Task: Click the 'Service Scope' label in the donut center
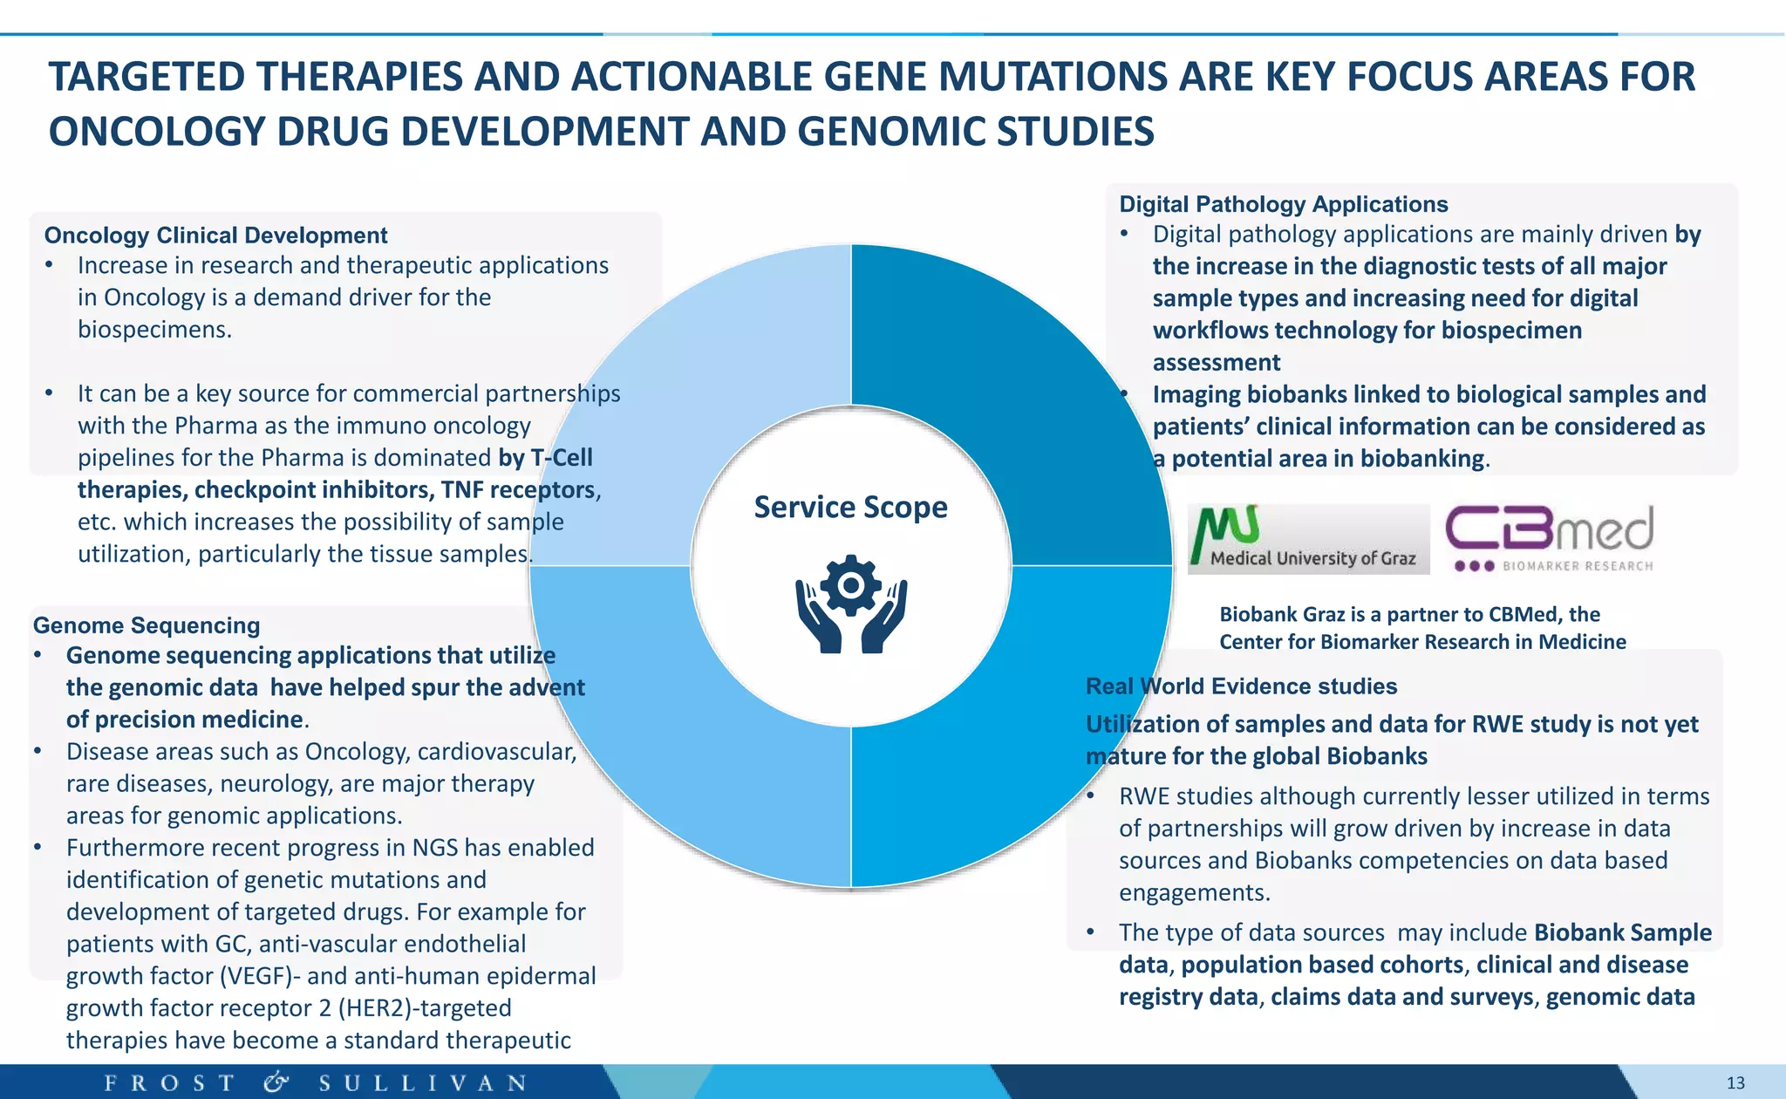click(x=850, y=507)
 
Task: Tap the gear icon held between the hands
click(x=850, y=585)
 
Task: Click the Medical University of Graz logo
click(x=1308, y=539)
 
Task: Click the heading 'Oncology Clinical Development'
click(x=215, y=235)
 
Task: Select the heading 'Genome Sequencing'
click(x=147, y=625)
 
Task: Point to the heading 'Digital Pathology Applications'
click(x=1283, y=204)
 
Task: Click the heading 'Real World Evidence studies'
click(x=1241, y=686)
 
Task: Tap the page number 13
click(x=1735, y=1082)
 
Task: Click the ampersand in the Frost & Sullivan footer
click(x=276, y=1082)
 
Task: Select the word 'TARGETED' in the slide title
click(x=147, y=77)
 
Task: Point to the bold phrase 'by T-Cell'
click(x=545, y=458)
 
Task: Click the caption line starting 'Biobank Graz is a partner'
click(x=1409, y=614)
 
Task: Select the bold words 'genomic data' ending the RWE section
click(x=1620, y=997)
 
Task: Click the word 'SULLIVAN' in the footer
click(x=423, y=1082)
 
